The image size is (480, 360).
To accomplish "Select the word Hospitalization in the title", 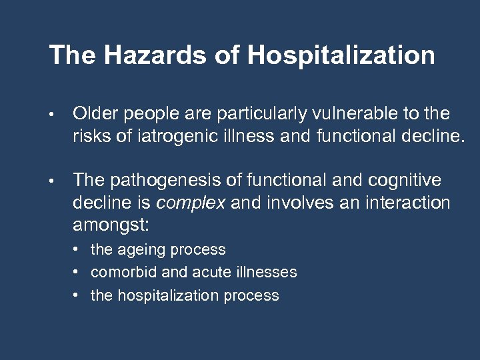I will (341, 56).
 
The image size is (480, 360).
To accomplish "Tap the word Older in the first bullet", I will (93, 114).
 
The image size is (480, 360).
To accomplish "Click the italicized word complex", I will (190, 203).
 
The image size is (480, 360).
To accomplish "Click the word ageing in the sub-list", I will (142, 251).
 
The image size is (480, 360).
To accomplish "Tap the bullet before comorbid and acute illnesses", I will (77, 273).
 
